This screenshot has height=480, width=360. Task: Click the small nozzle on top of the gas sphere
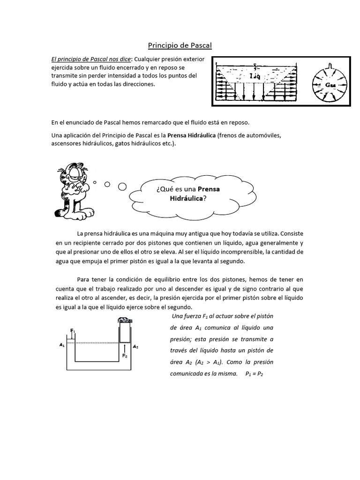(330, 65)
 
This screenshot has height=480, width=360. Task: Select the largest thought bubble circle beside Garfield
(122, 187)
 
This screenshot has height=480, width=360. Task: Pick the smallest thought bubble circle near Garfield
(95, 182)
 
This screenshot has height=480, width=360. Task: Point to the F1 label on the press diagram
(73, 330)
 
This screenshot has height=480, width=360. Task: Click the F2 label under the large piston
(125, 356)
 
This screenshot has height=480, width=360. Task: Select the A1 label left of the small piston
(61, 345)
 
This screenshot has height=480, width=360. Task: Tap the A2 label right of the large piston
(135, 346)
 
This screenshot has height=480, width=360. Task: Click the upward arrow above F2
(124, 348)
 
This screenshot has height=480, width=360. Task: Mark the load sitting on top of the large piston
(124, 320)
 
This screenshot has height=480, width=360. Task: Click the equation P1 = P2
(254, 374)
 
